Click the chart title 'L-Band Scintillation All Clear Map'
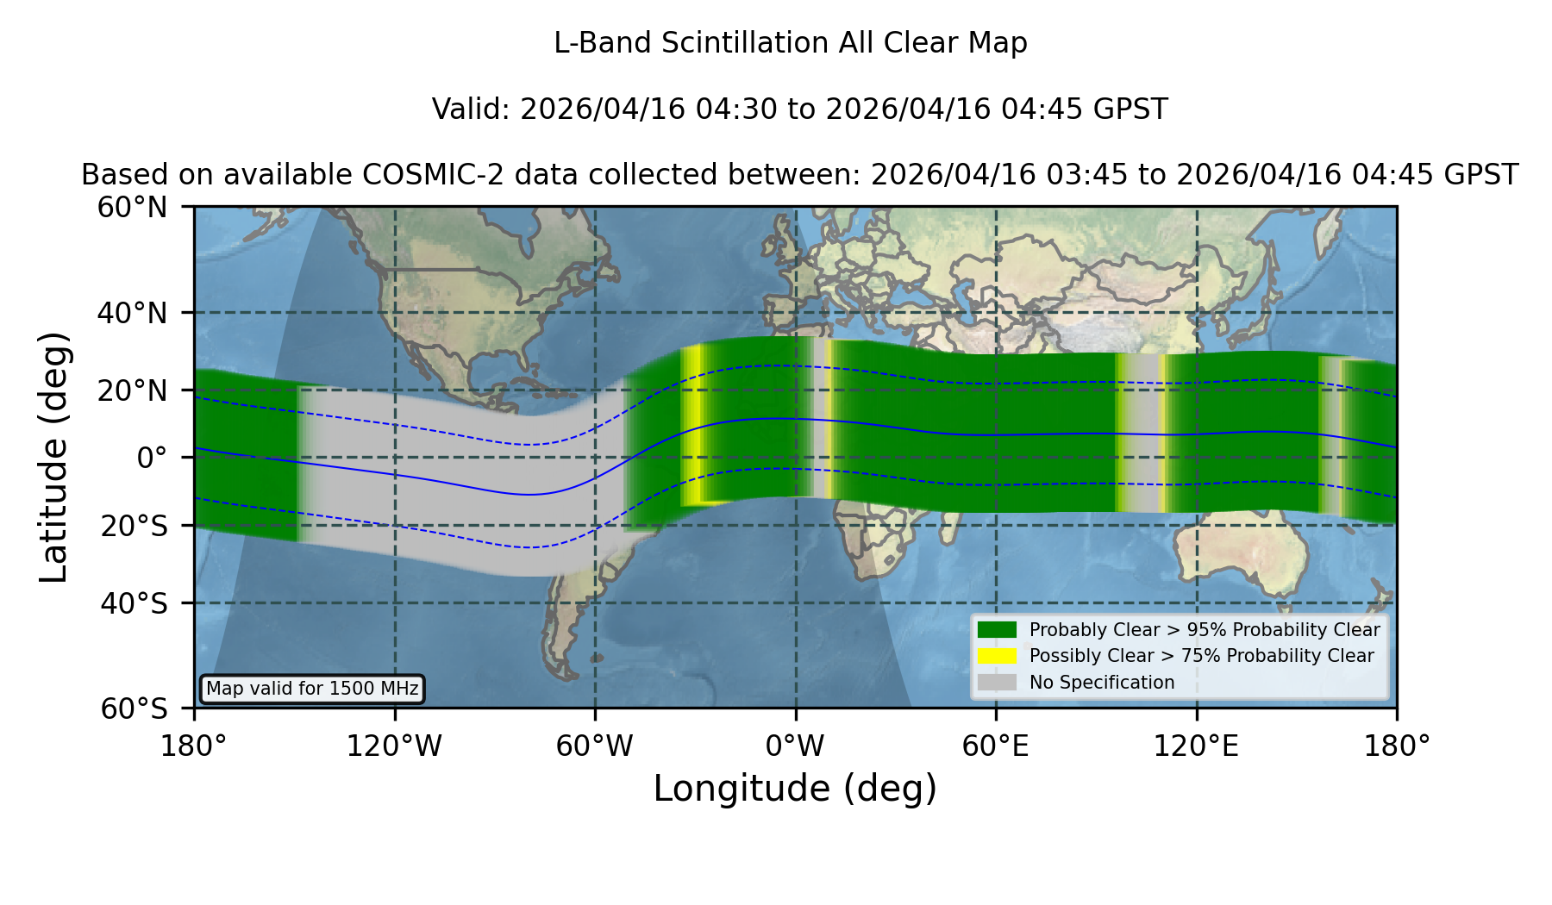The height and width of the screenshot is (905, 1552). pos(791,43)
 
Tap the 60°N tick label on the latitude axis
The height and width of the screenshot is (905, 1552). pos(133,208)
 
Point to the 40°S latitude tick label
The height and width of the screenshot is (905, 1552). pos(135,603)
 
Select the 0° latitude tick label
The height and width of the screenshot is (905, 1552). pos(152,458)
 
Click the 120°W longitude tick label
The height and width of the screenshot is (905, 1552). pos(394,746)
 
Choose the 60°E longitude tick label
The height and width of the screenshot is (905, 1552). pos(996,746)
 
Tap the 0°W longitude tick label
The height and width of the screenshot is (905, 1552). pos(796,746)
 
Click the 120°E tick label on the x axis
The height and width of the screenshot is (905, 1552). pos(1197,746)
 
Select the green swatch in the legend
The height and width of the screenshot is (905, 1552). pos(997,629)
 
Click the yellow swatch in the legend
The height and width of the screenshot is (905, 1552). pos(997,656)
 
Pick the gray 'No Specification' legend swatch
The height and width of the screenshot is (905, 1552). pos(997,683)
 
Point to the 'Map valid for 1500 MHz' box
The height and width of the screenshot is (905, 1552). pos(312,689)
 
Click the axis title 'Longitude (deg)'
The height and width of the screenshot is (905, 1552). pos(795,789)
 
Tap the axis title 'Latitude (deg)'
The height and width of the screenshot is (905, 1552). pos(54,457)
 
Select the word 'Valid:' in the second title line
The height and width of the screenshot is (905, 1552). pos(472,109)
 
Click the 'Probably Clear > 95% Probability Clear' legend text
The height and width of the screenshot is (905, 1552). pos(1205,630)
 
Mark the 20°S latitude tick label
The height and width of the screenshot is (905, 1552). pos(135,526)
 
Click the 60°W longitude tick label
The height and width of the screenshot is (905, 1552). pos(595,746)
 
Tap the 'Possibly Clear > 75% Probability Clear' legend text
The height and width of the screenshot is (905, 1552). pos(1202,656)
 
